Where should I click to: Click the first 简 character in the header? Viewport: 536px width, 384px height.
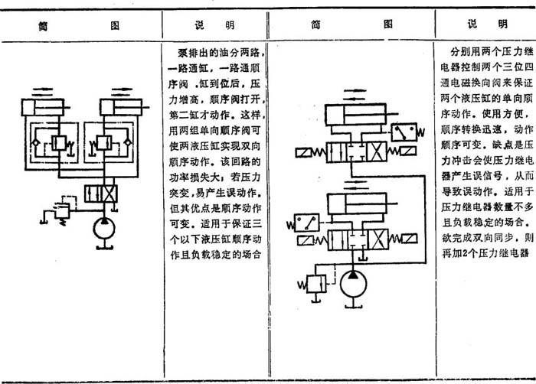(x=44, y=25)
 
